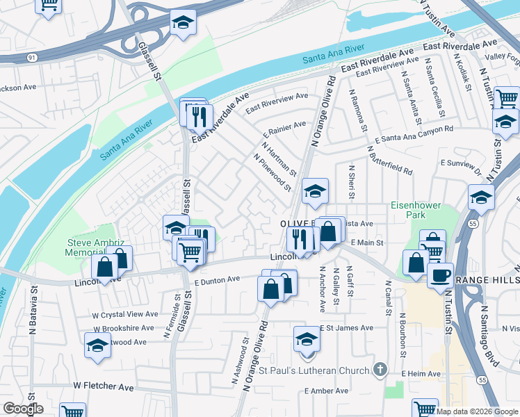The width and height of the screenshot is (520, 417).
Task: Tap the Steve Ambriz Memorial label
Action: pyautogui.click(x=95, y=248)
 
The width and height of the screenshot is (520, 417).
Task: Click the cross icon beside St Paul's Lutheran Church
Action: pyautogui.click(x=380, y=369)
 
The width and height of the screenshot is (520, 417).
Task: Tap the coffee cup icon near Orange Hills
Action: pyautogui.click(x=439, y=275)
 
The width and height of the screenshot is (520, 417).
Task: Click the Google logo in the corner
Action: pyautogui.click(x=23, y=409)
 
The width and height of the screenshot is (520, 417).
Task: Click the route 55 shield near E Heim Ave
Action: pyautogui.click(x=482, y=380)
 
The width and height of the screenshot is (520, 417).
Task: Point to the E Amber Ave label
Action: pyautogui.click(x=327, y=391)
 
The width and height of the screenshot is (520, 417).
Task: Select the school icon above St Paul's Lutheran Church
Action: pyautogui.click(x=306, y=339)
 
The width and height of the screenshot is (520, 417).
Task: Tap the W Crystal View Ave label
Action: pyautogui.click(x=126, y=314)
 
